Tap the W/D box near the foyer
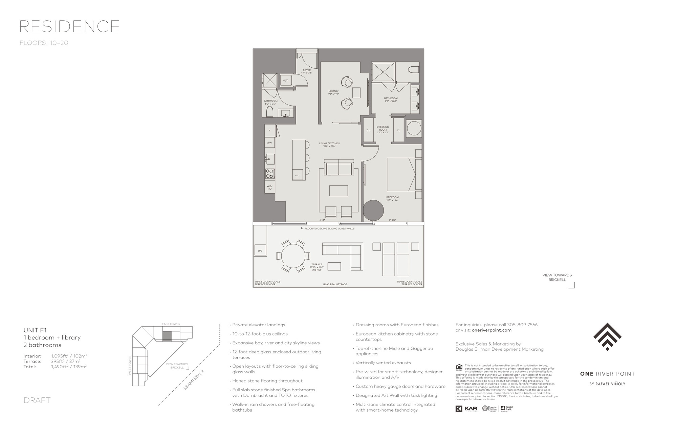pos(285,81)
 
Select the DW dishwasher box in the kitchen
pos(270,143)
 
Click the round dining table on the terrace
pos(293,256)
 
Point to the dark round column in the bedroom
pos(373,211)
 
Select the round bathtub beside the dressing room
pos(414,129)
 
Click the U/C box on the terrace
pos(260,251)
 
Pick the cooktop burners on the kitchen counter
pos(270,174)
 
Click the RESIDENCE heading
pos(69,26)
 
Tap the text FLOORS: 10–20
pos(44,43)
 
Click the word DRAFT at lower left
pos(37,400)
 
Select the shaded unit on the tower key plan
pos(167,336)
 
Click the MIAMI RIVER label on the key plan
pos(194,380)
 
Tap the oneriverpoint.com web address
pos(491,330)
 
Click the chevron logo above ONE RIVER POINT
pos(607,336)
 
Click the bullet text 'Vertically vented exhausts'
pos(383,363)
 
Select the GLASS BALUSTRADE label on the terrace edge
pos(335,285)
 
